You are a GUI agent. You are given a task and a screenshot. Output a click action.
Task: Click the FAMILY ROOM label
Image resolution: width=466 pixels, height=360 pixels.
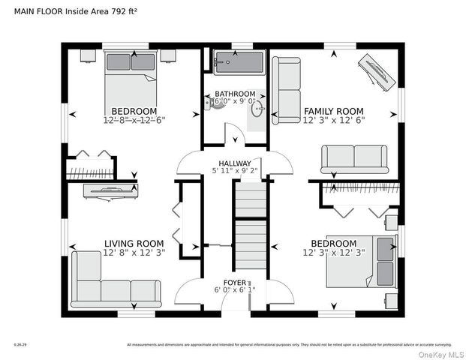pos(334,110)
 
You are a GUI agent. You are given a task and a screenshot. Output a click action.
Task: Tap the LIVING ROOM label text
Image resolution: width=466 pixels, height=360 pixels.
pos(134,243)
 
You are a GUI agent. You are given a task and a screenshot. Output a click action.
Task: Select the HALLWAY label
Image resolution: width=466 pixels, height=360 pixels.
pos(234,163)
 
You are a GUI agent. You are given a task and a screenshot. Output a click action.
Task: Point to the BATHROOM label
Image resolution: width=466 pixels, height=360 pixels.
pos(235,94)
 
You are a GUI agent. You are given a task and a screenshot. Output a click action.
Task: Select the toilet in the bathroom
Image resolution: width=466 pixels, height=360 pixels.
pos(216,105)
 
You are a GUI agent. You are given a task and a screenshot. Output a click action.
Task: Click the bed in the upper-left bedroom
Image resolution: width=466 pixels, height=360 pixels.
pos(131,76)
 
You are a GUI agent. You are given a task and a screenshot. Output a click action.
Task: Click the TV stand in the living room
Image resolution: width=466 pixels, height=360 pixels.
pos(113,191)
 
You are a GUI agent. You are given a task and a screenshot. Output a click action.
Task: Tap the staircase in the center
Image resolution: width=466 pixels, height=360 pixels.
pos(250,225)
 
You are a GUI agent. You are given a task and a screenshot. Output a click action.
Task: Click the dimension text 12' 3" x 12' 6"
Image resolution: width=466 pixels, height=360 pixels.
pos(334,119)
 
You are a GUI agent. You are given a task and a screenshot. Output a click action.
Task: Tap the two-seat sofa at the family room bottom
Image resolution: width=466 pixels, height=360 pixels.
pos(354,157)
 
